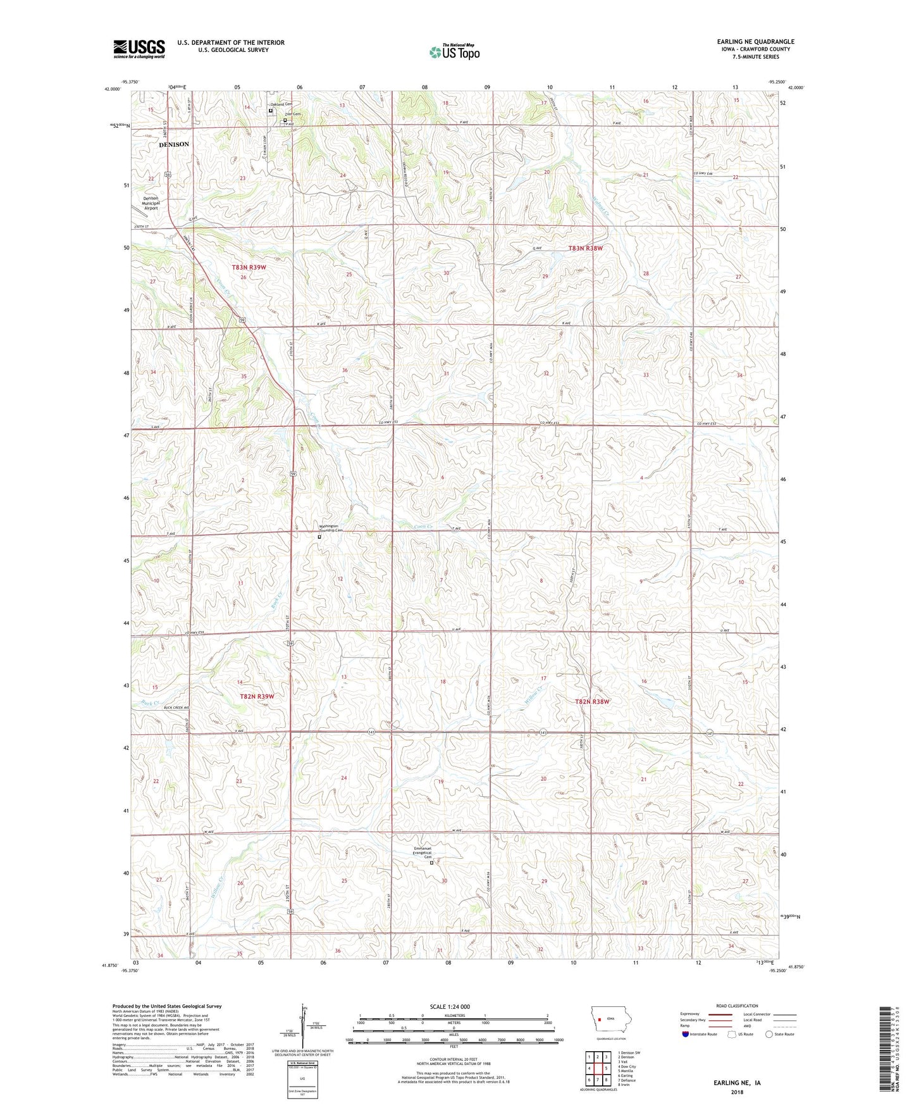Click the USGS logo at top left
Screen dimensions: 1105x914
click(x=139, y=49)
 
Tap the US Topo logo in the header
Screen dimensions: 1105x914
click(x=454, y=51)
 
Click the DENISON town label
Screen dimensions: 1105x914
click(x=173, y=144)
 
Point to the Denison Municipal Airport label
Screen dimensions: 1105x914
click(x=151, y=203)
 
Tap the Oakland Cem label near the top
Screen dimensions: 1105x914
click(x=281, y=104)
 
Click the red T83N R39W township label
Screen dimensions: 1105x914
click(x=248, y=268)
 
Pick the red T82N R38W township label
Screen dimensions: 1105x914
click(x=592, y=701)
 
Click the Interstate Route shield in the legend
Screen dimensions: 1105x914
click(x=685, y=1034)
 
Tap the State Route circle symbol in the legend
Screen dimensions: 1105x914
click(x=769, y=1034)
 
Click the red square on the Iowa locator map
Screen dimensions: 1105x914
click(x=598, y=1020)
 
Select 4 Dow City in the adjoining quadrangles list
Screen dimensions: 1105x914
click(x=626, y=1066)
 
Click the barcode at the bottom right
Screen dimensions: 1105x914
click(x=886, y=1051)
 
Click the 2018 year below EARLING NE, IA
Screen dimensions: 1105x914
click(x=737, y=1092)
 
